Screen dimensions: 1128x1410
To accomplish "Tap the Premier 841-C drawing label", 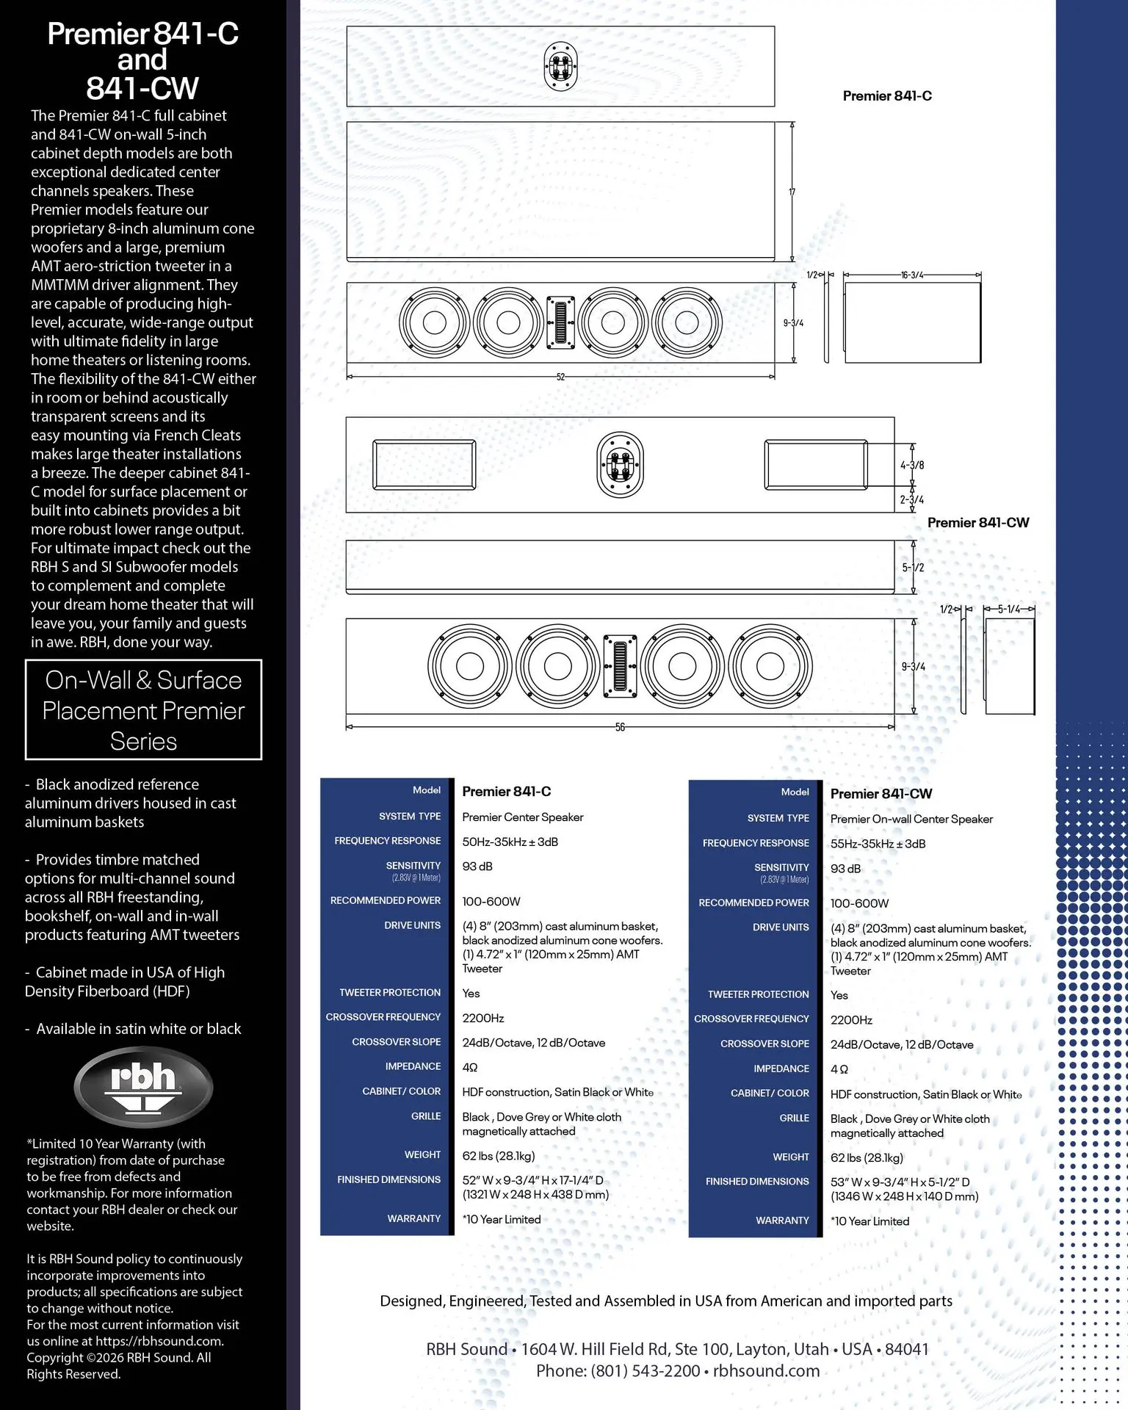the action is [887, 95].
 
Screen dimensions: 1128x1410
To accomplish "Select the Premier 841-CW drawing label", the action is [978, 522].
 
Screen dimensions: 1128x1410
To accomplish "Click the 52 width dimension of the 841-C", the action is [560, 377].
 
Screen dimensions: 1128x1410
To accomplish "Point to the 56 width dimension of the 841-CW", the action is [620, 727].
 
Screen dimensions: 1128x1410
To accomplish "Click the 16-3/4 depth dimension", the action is [912, 275].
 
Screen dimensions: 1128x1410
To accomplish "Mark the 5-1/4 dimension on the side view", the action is [1009, 609].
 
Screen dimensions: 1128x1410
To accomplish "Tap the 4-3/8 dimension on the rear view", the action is [912, 465].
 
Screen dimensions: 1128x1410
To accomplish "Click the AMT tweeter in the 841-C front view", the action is [560, 322].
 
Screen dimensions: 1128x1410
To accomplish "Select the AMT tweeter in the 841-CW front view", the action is [620, 665].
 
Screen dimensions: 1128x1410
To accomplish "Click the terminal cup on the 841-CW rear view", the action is [621, 465].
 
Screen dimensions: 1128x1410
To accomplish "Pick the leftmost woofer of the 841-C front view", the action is [434, 322].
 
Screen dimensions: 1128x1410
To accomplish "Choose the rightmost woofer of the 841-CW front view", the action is [770, 666].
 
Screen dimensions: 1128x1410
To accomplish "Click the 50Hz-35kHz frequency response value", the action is [510, 842].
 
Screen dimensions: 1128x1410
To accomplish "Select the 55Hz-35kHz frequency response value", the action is [878, 844].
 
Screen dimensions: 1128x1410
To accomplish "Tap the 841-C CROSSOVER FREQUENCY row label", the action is [383, 1017].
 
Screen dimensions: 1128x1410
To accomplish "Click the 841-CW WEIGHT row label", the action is [791, 1157].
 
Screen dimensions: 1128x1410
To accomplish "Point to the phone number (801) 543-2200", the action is [646, 1371].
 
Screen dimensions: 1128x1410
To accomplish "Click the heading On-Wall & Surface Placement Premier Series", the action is [143, 710].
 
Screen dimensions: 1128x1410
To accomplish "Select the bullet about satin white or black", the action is [133, 1029].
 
